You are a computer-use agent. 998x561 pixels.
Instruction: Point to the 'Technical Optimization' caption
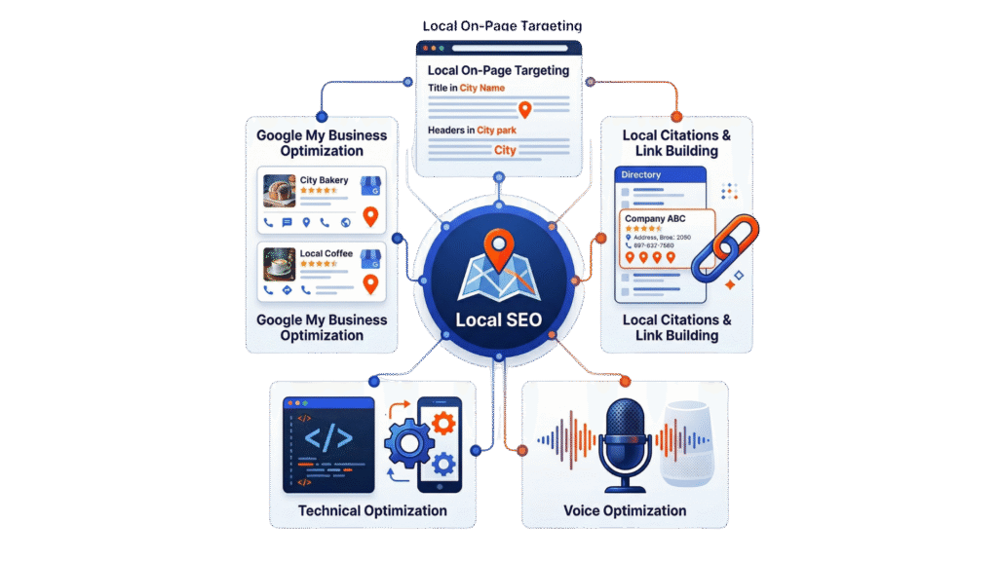(x=371, y=510)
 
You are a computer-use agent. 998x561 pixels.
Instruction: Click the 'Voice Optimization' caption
(x=625, y=510)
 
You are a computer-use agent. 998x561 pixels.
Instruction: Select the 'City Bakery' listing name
(x=324, y=181)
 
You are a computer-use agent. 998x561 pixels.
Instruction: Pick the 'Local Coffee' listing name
(x=326, y=254)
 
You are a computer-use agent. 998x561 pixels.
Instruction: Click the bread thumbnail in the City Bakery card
(x=280, y=191)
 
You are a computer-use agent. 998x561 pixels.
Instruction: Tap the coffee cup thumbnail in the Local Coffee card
(x=280, y=264)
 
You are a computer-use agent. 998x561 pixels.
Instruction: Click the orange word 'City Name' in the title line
(x=482, y=89)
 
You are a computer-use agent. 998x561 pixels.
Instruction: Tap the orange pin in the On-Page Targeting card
(x=525, y=110)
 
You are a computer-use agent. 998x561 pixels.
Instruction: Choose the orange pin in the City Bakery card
(x=369, y=216)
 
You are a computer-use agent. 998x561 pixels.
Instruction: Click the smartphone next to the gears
(x=439, y=443)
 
